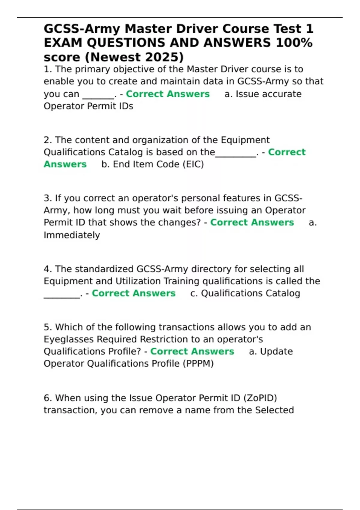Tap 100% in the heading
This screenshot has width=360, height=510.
[x=294, y=43]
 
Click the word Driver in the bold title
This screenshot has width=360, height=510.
[x=197, y=29]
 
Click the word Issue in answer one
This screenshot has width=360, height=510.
[x=245, y=94]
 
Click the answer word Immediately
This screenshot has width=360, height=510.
[x=72, y=235]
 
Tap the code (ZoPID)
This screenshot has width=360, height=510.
[x=260, y=398]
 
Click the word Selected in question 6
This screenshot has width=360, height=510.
[x=274, y=410]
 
